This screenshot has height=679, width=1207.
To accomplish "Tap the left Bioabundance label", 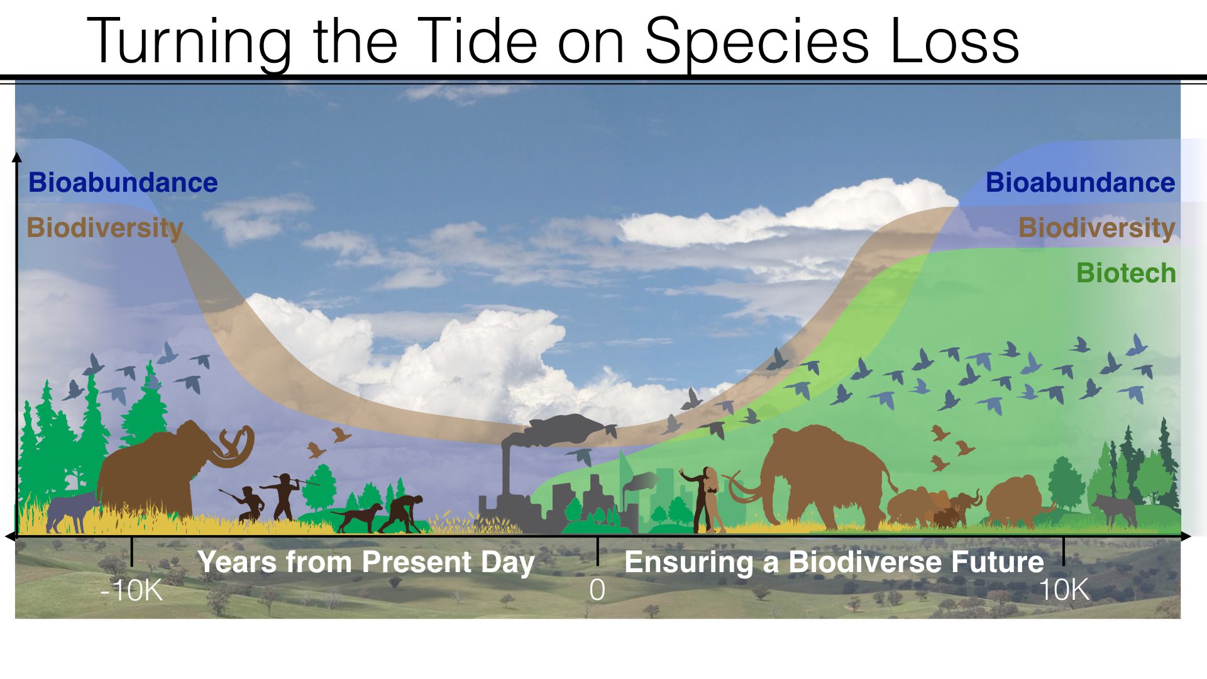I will pyautogui.click(x=123, y=183).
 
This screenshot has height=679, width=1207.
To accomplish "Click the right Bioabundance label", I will pyautogui.click(x=1080, y=183).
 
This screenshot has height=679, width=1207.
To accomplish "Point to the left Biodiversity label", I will pyautogui.click(x=104, y=228).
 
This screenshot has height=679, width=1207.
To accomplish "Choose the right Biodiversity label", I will pyautogui.click(x=1096, y=228).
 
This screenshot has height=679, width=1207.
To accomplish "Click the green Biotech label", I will pyautogui.click(x=1125, y=273).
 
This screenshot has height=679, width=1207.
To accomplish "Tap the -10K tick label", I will pyautogui.click(x=131, y=590).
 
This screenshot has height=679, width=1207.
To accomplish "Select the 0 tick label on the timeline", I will pyautogui.click(x=597, y=590).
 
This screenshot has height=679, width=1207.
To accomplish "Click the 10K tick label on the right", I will pyautogui.click(x=1064, y=590).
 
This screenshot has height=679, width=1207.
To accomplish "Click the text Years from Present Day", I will pyautogui.click(x=366, y=561).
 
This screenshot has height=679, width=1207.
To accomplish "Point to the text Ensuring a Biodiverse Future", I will pyautogui.click(x=834, y=561).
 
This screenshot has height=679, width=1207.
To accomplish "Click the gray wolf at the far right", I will pyautogui.click(x=1116, y=508).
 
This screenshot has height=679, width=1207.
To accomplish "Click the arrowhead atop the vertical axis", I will pyautogui.click(x=17, y=156).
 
